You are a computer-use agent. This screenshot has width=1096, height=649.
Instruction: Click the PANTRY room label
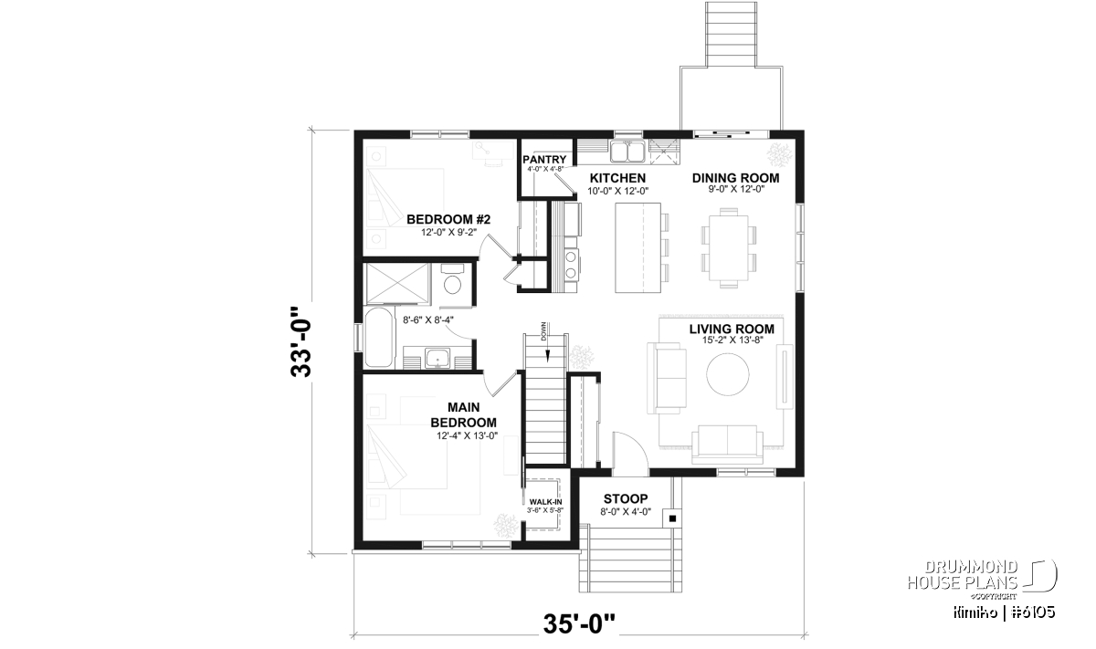(x=544, y=160)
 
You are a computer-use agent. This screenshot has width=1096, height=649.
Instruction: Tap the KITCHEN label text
(x=617, y=178)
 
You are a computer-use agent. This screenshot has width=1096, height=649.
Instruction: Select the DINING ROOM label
(x=735, y=178)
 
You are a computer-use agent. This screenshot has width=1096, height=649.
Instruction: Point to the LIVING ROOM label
(x=732, y=330)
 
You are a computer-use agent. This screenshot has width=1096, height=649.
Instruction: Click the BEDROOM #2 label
(x=448, y=219)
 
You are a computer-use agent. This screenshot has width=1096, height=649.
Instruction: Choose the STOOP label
(x=626, y=499)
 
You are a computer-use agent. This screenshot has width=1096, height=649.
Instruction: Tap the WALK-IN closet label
(x=545, y=502)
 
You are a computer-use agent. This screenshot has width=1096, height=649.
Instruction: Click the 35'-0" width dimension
(x=579, y=624)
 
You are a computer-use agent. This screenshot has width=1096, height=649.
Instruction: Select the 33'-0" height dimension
(x=301, y=342)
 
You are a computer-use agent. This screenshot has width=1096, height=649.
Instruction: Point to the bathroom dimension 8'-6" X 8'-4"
(x=428, y=319)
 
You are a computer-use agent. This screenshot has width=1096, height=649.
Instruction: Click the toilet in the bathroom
(x=452, y=279)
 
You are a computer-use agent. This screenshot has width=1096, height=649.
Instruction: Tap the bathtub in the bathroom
(x=379, y=337)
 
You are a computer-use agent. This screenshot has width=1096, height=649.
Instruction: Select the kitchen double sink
(x=627, y=151)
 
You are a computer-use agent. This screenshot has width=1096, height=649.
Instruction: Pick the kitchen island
(x=638, y=248)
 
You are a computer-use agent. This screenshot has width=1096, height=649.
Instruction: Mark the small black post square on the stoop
(x=672, y=518)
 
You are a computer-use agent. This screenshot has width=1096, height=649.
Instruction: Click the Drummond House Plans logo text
(x=963, y=575)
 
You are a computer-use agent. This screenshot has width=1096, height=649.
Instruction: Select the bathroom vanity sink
(x=437, y=358)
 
